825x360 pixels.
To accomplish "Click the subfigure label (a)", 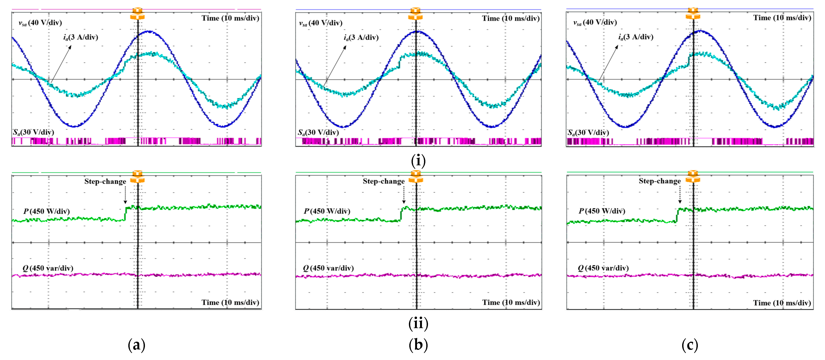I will tap(136, 345).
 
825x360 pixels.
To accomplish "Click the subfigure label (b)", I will tap(418, 345).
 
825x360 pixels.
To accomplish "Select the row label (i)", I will tap(418, 160).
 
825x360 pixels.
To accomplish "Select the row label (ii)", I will tap(418, 323).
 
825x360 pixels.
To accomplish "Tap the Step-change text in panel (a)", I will tap(105, 182).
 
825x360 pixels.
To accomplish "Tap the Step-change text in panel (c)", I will tap(660, 181).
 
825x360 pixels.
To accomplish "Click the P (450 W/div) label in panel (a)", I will tap(46, 211).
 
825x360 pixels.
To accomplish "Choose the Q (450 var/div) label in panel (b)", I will tap(328, 268).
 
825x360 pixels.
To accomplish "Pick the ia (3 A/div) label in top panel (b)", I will tap(361, 38).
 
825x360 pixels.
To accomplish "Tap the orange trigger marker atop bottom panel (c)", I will tap(693, 176).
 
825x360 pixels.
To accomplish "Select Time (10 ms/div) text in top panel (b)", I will tap(510, 18).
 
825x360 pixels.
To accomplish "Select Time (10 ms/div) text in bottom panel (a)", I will tap(230, 302).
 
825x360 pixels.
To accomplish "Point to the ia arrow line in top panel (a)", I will tap(61, 64).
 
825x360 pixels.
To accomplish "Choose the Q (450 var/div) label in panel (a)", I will tap(48, 268).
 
